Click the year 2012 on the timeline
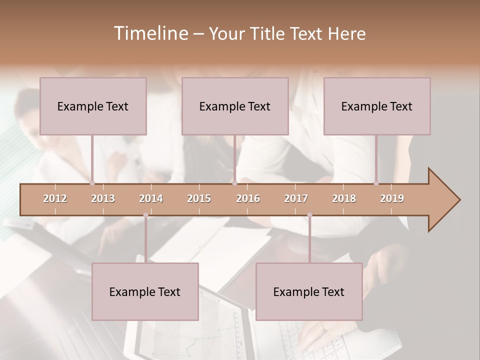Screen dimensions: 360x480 (x=55, y=198)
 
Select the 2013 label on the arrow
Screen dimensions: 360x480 (x=103, y=198)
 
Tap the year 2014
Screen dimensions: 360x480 (x=151, y=198)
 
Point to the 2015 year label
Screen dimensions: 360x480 (x=199, y=198)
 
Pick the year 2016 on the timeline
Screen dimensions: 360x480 (x=248, y=198)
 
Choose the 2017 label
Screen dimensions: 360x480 (x=296, y=198)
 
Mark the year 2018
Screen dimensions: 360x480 (x=344, y=198)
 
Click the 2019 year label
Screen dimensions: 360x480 (x=392, y=198)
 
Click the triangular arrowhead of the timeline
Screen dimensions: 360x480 (x=443, y=200)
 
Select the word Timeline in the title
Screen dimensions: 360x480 (x=150, y=33)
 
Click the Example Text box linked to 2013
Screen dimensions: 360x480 (x=93, y=106)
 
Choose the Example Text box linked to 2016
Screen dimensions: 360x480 (x=235, y=106)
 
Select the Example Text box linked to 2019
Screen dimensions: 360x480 (x=377, y=106)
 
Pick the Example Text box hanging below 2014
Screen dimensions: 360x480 (x=145, y=291)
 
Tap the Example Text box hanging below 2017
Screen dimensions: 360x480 (x=309, y=291)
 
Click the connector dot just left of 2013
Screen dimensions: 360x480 (x=92, y=183)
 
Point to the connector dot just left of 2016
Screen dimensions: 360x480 (x=234, y=183)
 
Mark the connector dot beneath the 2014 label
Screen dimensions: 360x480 (x=145, y=215)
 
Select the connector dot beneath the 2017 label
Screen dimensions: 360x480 (x=309, y=215)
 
